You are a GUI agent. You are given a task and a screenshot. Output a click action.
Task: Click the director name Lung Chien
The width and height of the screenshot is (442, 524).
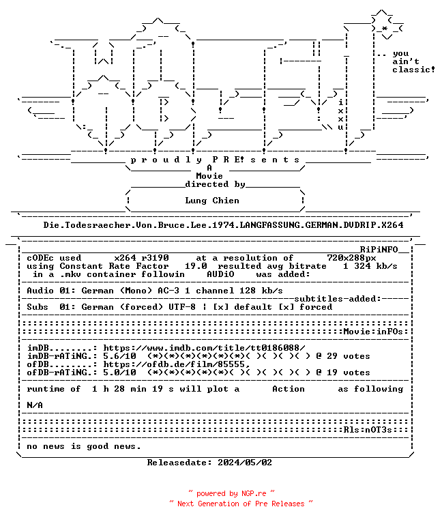coord(212,201)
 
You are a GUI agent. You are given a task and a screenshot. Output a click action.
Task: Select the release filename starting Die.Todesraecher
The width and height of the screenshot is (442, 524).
coord(223,225)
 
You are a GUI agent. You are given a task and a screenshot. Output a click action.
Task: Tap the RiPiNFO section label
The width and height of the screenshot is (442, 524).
coord(379,250)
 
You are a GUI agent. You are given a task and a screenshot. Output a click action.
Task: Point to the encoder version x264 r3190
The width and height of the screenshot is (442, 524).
coord(142,258)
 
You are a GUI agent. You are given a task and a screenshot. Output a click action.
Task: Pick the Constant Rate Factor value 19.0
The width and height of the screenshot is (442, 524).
coord(196,266)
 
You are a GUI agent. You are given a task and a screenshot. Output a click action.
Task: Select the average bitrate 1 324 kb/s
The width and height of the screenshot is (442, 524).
coord(370,266)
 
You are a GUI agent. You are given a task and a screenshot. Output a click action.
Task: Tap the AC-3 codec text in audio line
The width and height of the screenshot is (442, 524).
coord(168,291)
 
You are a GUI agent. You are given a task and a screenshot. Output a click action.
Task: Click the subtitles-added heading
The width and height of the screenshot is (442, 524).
coord(338,299)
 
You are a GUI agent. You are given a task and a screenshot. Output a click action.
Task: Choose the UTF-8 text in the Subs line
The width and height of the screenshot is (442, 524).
coord(182,307)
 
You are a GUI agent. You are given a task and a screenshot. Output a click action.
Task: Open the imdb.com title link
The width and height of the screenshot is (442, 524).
coord(204,348)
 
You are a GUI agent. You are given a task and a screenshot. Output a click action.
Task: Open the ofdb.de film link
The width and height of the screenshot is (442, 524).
coord(177,364)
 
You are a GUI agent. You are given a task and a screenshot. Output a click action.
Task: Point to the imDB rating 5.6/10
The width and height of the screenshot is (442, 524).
coord(119,356)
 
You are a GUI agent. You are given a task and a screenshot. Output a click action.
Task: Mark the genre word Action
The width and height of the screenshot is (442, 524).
coord(289,389)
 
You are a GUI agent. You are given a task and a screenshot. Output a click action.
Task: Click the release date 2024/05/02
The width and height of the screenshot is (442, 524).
coord(245,463)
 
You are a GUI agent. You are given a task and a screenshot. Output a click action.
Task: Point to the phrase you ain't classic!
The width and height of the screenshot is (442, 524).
coord(413,62)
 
